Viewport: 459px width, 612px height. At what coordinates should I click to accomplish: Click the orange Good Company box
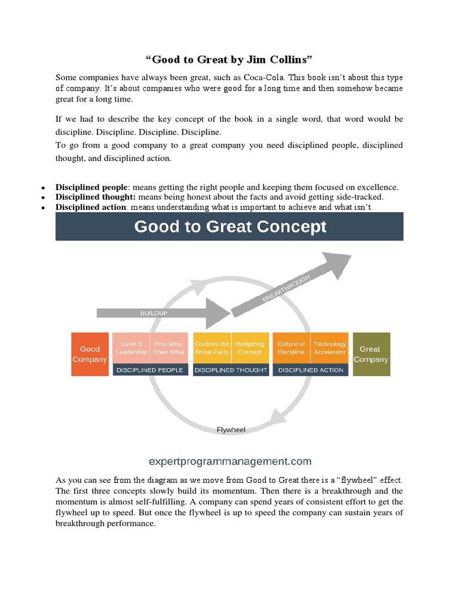pyautogui.click(x=90, y=354)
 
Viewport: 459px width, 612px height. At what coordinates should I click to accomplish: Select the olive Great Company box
pyautogui.click(x=371, y=354)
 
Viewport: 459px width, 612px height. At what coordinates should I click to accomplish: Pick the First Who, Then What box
pyautogui.click(x=169, y=348)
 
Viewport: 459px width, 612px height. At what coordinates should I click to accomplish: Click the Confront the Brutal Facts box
pyautogui.click(x=212, y=348)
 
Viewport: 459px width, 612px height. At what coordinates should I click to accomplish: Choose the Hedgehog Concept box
pyautogui.click(x=250, y=348)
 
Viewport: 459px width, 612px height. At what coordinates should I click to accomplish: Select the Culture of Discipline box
pyautogui.click(x=291, y=348)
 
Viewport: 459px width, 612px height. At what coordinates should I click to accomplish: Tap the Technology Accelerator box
pyautogui.click(x=329, y=348)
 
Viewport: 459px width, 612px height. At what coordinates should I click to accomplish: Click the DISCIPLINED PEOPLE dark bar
pyautogui.click(x=151, y=370)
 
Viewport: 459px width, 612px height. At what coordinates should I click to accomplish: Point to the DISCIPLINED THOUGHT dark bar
pyautogui.click(x=231, y=370)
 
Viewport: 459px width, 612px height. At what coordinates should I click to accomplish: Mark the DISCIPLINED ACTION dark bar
pyautogui.click(x=310, y=370)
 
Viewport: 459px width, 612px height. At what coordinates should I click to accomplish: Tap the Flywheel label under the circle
pyautogui.click(x=231, y=429)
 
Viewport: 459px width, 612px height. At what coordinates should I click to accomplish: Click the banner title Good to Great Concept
pyautogui.click(x=230, y=227)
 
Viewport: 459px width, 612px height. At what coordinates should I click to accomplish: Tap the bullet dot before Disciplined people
pyautogui.click(x=44, y=188)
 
